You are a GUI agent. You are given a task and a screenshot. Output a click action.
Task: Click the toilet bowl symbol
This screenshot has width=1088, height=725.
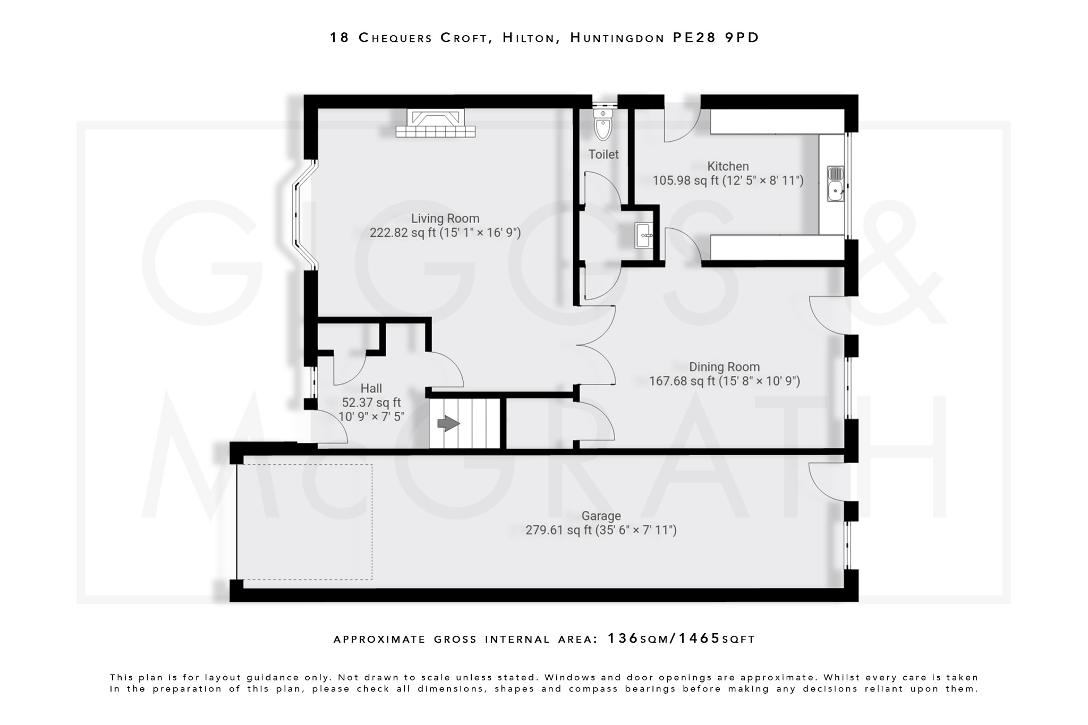tap(603, 126)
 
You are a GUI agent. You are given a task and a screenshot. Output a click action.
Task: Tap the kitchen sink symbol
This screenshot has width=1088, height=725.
tap(835, 183)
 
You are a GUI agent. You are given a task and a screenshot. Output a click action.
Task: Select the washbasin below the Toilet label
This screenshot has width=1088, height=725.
tap(644, 235)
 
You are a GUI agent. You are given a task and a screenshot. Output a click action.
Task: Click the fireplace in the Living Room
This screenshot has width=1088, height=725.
tap(435, 124)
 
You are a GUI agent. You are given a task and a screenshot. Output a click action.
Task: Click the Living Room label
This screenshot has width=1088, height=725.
tap(445, 218)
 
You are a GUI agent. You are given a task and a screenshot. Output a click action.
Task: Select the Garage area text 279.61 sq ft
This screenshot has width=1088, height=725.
tap(558, 530)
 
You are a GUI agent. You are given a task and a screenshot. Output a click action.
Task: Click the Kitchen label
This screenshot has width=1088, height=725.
tap(727, 166)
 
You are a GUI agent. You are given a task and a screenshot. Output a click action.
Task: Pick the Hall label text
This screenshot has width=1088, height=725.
tap(371, 388)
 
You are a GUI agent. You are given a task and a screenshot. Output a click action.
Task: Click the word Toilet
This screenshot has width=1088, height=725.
tap(603, 155)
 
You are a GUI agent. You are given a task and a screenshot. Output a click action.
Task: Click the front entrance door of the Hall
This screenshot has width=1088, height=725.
tap(328, 428)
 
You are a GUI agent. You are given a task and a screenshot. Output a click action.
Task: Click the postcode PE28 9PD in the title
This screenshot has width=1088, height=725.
tap(716, 38)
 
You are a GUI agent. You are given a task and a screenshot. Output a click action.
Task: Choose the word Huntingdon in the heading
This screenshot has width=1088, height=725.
tap(617, 38)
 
